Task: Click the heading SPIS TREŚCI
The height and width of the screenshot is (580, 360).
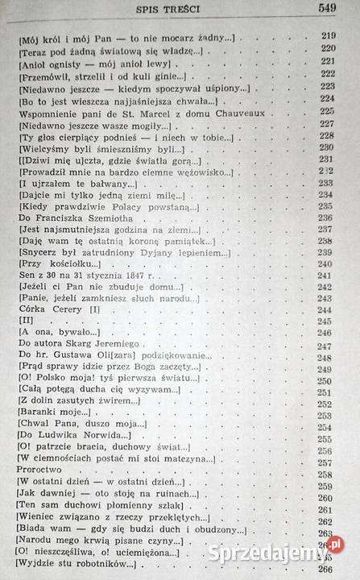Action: tap(173, 9)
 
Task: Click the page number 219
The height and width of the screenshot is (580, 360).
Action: tap(328, 37)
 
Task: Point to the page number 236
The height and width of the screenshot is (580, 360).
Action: tap(328, 217)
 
